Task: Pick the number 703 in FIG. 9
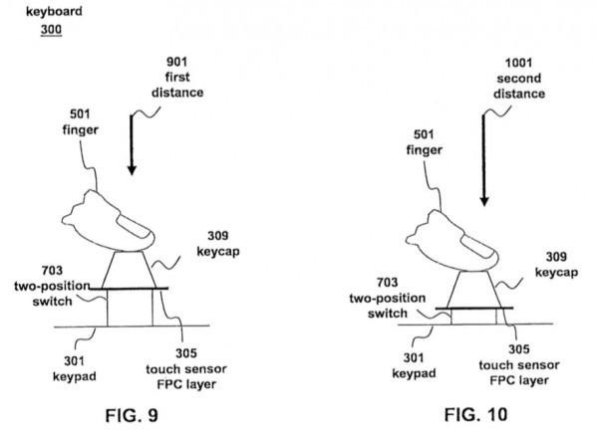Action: [x=56, y=270]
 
